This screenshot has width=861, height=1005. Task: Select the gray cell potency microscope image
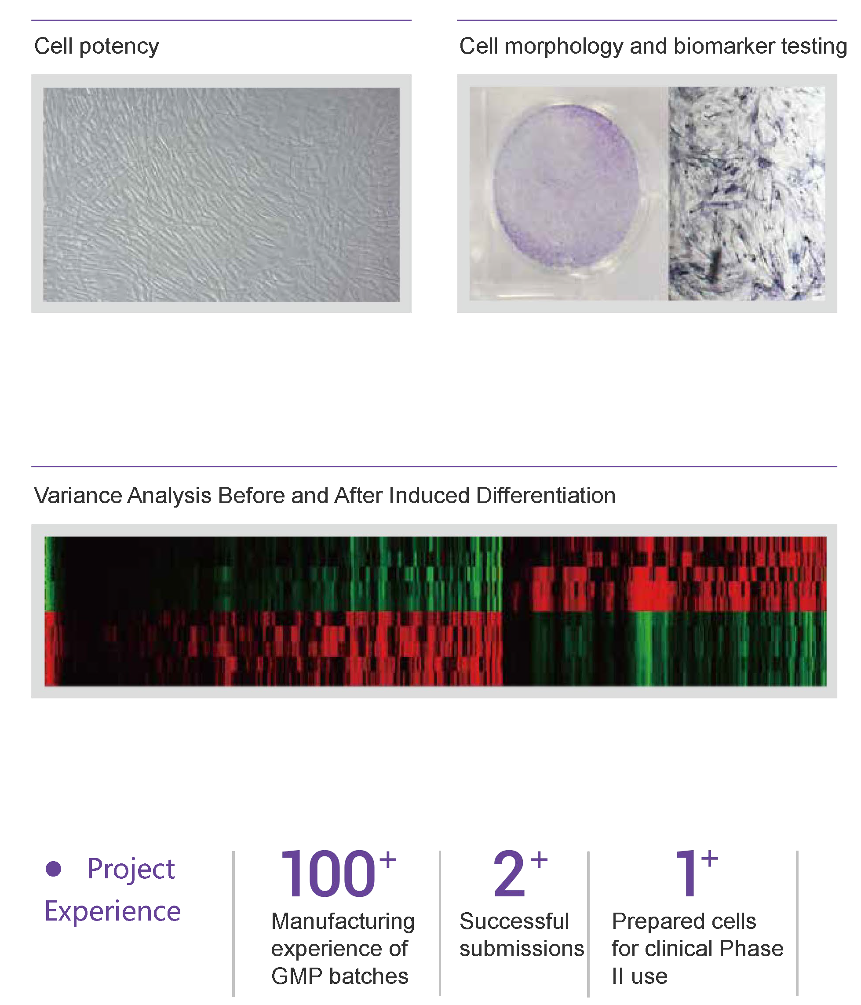[x=221, y=194]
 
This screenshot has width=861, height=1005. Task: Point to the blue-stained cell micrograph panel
[x=747, y=194]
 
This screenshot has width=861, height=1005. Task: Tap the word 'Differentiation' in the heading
[x=546, y=496]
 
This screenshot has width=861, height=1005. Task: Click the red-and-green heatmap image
[x=435, y=611]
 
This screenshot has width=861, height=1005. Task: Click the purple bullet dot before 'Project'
[x=53, y=868]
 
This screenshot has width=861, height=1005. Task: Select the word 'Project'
[x=131, y=869]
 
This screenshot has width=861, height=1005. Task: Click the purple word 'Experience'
[x=113, y=911]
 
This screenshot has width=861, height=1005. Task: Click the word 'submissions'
[x=522, y=948]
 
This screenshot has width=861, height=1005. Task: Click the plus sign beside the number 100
[x=387, y=860]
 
